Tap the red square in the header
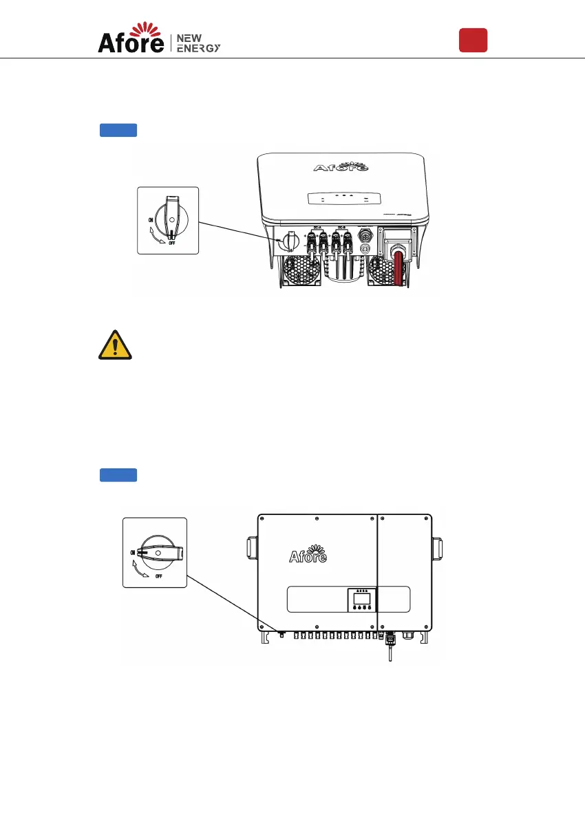[474, 40]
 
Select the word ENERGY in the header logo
[199, 47]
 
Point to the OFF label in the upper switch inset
[169, 243]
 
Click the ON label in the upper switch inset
[150, 219]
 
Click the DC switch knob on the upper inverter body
[289, 241]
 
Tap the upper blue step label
[118, 130]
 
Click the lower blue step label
[118, 474]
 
